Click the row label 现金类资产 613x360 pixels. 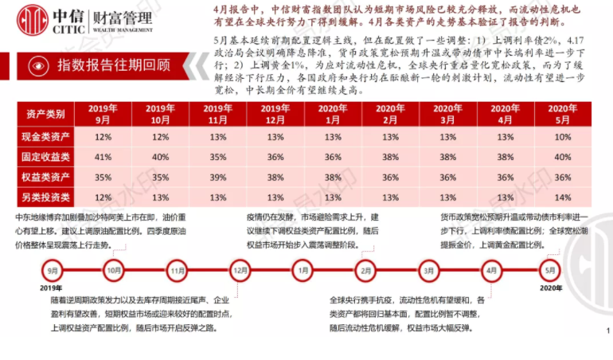[x=41, y=137]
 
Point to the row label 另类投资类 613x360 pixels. [x=41, y=197]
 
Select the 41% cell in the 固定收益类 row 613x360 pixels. [x=102, y=157]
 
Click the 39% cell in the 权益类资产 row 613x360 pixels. [x=218, y=177]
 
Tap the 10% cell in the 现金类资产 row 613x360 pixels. [x=563, y=137]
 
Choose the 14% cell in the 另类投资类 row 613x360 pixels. [x=563, y=197]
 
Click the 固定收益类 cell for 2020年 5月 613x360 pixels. [x=563, y=157]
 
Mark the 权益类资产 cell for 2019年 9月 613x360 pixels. [x=102, y=177]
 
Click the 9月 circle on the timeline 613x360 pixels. [x=53, y=271]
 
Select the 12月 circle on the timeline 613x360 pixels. [x=240, y=271]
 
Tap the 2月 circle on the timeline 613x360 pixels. [x=365, y=271]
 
